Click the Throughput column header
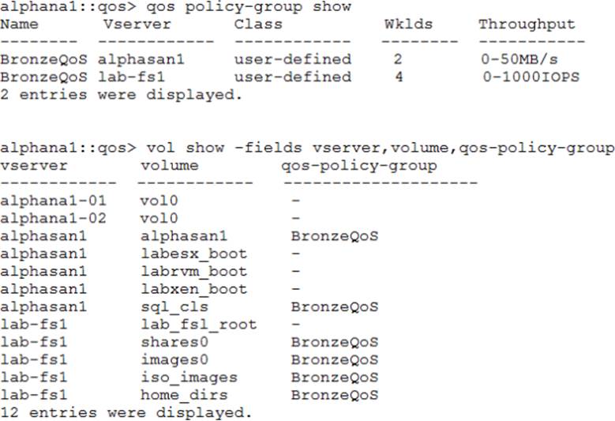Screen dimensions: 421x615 527,24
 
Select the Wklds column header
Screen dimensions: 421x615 408,24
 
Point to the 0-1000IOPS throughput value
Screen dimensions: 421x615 531,77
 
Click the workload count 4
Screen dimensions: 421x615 399,77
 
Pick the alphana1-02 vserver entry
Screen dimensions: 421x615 53,219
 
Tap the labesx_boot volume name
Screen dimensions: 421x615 193,254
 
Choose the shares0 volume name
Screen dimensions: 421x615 175,342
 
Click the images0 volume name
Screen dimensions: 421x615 175,359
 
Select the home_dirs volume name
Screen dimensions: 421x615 184,395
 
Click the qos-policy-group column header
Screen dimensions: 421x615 359,167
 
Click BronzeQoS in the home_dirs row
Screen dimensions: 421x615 334,395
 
